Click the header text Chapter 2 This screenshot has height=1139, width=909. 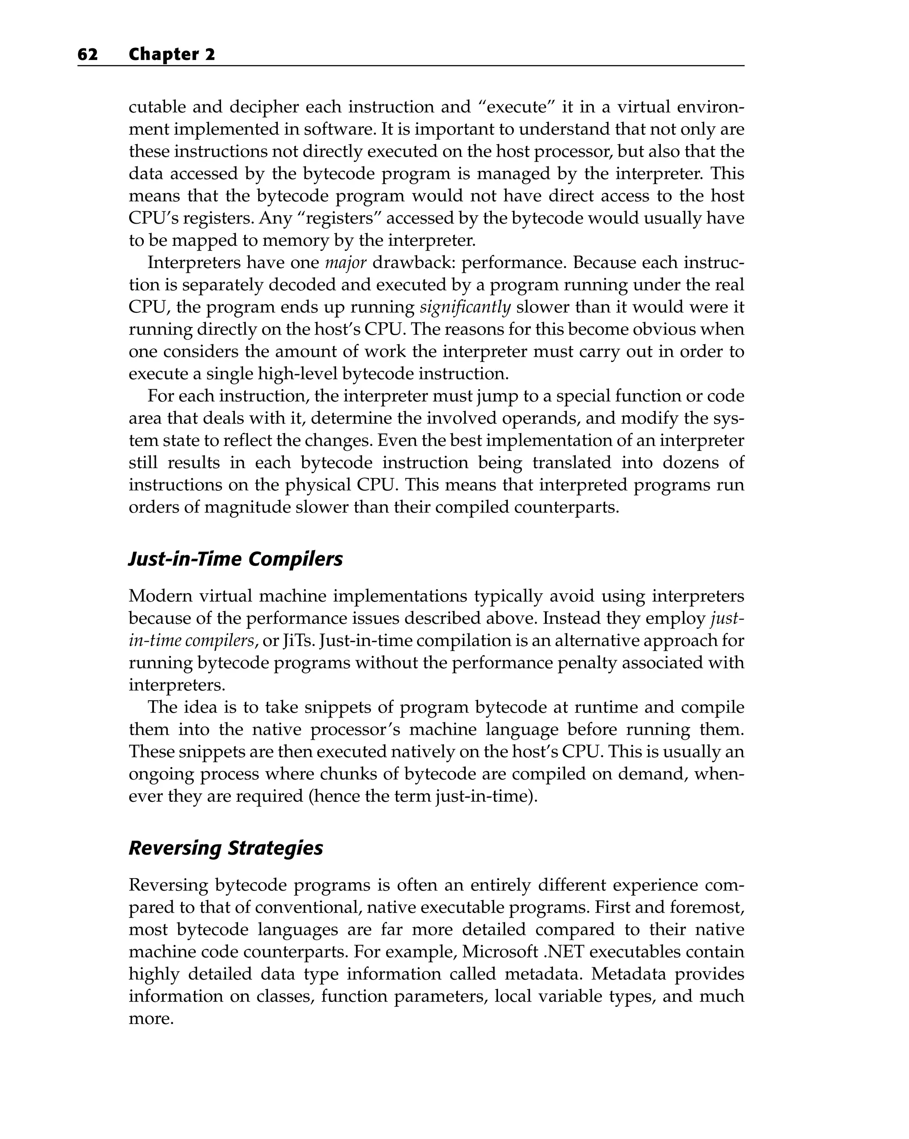pos(172,55)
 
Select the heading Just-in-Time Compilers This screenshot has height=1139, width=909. pos(236,559)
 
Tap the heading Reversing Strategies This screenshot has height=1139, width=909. pos(225,848)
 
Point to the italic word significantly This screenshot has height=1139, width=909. pos(465,307)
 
